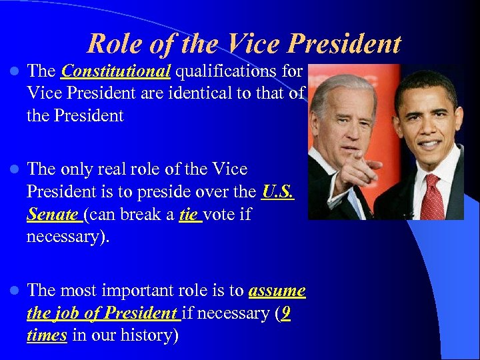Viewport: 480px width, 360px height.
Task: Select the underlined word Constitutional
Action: pyautogui.click(x=116, y=71)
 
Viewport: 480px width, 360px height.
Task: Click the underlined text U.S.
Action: pyautogui.click(x=278, y=192)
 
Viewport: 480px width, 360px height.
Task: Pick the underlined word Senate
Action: pyautogui.click(x=53, y=215)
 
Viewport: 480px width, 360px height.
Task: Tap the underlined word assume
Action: pyautogui.click(x=277, y=291)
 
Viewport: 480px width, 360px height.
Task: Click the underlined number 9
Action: pyautogui.click(x=285, y=313)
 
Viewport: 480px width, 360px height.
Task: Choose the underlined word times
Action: pyautogui.click(x=47, y=335)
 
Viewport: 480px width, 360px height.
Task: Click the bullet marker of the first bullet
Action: pyautogui.click(x=13, y=71)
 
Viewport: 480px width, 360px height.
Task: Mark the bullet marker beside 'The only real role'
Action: pyautogui.click(x=13, y=170)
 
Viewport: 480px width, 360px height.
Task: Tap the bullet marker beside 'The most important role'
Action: pyautogui.click(x=13, y=291)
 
